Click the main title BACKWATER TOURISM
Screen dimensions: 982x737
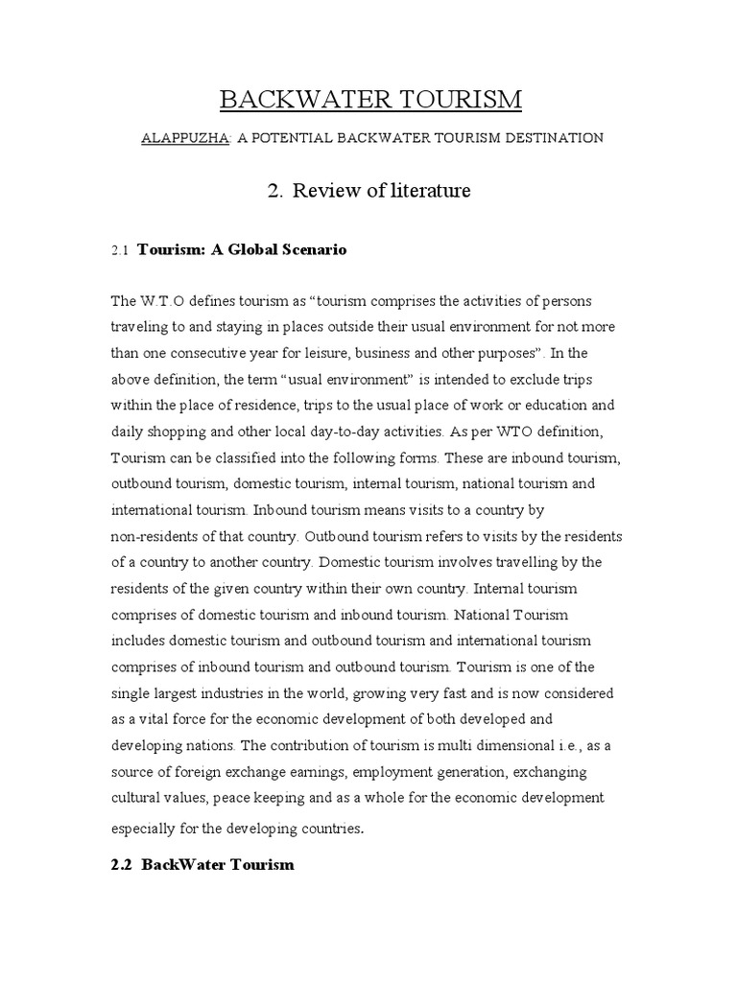(x=370, y=99)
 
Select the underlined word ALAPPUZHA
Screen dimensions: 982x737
(x=185, y=138)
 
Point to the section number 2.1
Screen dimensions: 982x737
(x=120, y=250)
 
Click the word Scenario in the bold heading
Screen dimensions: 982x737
(x=310, y=249)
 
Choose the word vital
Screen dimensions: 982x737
(x=157, y=718)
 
